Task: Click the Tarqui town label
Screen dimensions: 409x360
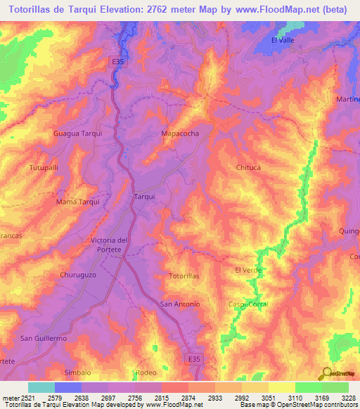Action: click(x=144, y=197)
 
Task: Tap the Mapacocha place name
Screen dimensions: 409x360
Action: click(x=180, y=133)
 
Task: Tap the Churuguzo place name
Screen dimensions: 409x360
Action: click(x=77, y=275)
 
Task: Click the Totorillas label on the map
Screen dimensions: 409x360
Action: click(x=184, y=276)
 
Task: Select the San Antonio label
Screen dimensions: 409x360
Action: click(x=181, y=304)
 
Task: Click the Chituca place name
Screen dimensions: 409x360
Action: click(x=249, y=167)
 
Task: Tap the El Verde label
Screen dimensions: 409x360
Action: click(x=247, y=270)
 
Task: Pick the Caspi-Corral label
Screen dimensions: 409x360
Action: click(x=248, y=304)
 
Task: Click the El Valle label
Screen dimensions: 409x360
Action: click(x=283, y=40)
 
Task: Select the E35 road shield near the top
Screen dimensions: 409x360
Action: click(x=118, y=62)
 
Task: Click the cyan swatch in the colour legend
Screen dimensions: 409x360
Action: click(x=41, y=387)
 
